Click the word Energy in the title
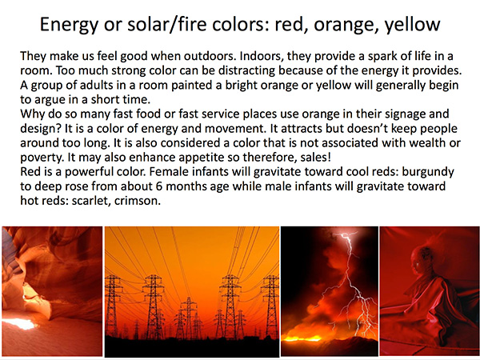(69, 25)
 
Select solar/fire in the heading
(167, 25)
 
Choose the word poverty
(42, 158)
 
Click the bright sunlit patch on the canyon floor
(19, 323)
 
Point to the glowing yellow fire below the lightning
(301, 338)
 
